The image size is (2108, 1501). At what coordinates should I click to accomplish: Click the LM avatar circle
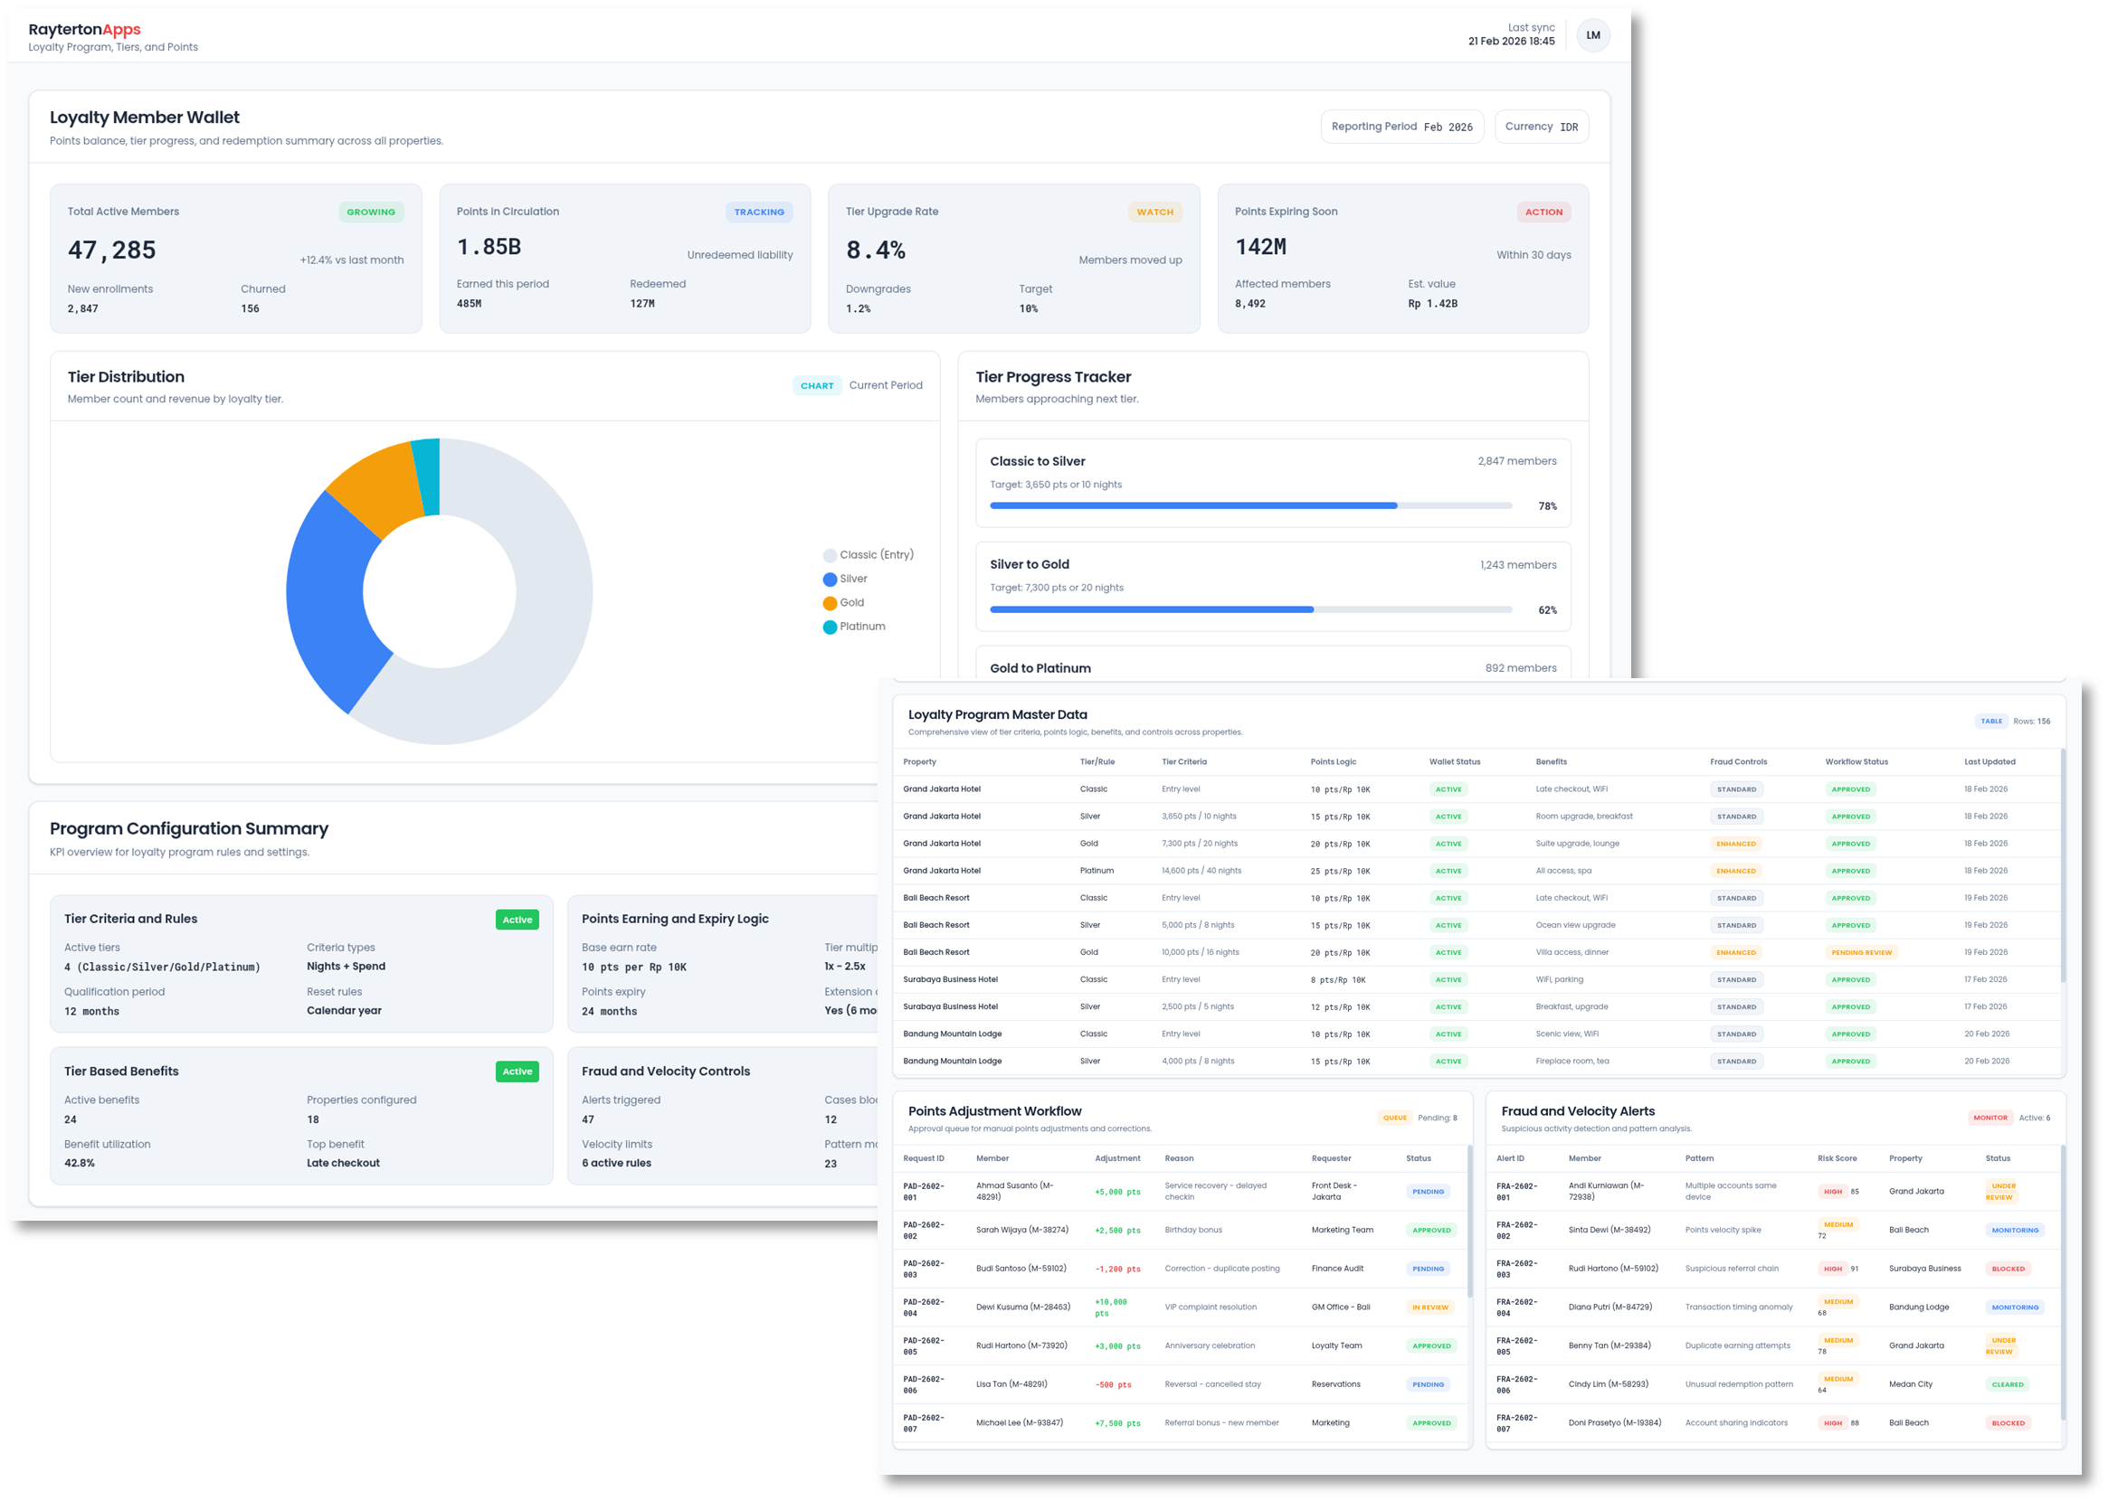pos(1593,35)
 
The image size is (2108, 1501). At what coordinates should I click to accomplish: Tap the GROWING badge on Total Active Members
pos(371,212)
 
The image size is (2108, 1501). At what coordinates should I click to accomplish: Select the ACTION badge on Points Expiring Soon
pos(1543,212)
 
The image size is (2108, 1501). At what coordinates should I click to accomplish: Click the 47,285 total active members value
pos(112,250)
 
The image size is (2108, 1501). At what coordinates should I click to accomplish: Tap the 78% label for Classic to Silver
pos(1547,506)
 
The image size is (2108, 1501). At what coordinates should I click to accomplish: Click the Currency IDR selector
pos(1542,127)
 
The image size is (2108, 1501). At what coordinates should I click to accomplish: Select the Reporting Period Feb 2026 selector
pos(1401,127)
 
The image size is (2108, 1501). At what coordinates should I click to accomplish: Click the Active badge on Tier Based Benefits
pos(517,1071)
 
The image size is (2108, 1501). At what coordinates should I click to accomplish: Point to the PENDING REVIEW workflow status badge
pos(1861,952)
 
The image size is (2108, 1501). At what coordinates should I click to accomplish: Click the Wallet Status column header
pos(1454,761)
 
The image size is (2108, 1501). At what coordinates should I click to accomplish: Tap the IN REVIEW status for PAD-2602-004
pos(1430,1307)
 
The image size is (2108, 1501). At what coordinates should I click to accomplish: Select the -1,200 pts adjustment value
pos(1118,1269)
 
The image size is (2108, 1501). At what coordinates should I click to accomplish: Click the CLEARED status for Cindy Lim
pos(2008,1384)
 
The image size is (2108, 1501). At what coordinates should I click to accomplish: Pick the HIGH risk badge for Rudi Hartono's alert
pos(1832,1269)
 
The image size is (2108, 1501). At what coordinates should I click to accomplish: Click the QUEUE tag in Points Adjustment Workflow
pos(1394,1118)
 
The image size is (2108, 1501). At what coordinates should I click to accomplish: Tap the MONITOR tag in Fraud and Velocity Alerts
pos(1989,1118)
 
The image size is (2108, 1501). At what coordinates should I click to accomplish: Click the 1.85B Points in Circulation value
pos(489,247)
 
